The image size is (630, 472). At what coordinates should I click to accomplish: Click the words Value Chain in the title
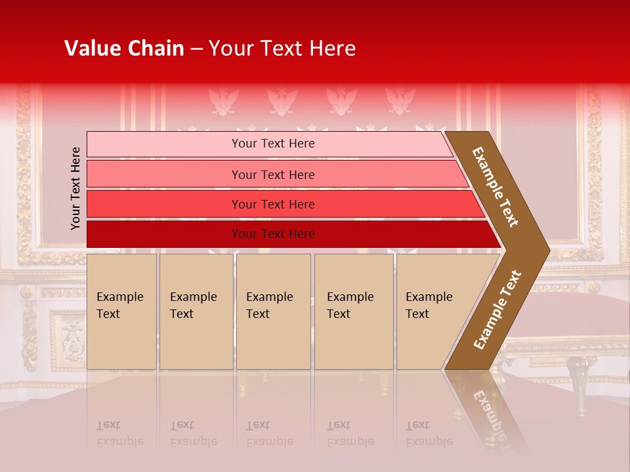tap(124, 49)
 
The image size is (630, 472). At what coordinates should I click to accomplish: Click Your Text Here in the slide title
tap(282, 49)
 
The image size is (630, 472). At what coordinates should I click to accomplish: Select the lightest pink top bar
tap(272, 144)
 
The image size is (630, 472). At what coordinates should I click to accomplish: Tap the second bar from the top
tap(272, 174)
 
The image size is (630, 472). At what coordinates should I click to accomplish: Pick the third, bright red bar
tap(272, 204)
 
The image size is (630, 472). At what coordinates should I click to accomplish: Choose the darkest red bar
tap(272, 234)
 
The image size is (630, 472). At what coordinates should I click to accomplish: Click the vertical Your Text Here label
tap(76, 188)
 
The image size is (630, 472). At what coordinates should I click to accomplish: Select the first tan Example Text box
tap(121, 311)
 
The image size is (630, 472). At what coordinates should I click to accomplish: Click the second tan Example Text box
tap(196, 311)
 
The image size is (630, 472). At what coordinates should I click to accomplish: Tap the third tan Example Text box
tap(272, 311)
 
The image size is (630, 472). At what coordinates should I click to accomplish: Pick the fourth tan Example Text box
tap(353, 311)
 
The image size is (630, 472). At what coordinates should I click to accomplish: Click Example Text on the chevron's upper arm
tap(496, 187)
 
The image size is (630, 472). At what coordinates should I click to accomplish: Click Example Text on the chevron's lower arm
tap(497, 310)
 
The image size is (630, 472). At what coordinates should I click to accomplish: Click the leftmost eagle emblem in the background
tap(223, 102)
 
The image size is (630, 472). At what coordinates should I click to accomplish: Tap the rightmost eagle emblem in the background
tap(400, 102)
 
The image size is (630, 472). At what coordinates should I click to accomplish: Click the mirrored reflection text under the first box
tap(120, 433)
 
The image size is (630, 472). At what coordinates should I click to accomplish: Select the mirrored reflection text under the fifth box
tap(429, 433)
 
